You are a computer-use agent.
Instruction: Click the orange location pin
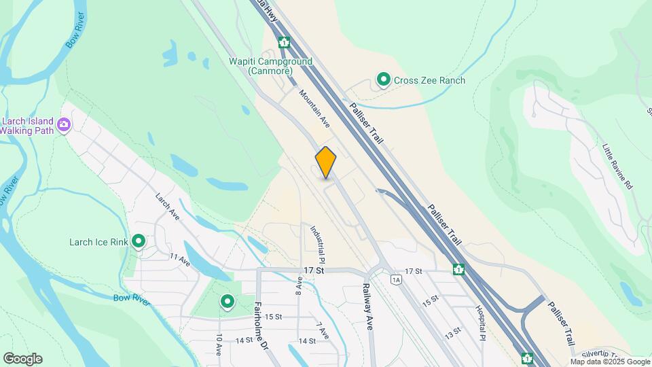tap(326, 162)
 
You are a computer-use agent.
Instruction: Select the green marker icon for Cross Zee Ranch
tap(384, 80)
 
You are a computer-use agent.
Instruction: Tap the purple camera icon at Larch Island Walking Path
tap(65, 124)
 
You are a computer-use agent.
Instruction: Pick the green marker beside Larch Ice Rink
tap(139, 241)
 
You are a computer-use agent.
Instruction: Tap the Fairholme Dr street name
tap(261, 326)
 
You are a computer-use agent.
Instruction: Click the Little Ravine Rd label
tap(617, 166)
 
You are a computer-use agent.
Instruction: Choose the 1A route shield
tap(397, 279)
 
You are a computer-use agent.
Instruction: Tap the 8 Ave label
tap(299, 285)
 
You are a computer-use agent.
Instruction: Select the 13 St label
tap(453, 333)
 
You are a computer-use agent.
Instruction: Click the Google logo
tap(22, 359)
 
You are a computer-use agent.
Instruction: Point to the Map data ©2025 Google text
tap(610, 362)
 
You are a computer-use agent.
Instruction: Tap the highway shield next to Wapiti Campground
tap(284, 43)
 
